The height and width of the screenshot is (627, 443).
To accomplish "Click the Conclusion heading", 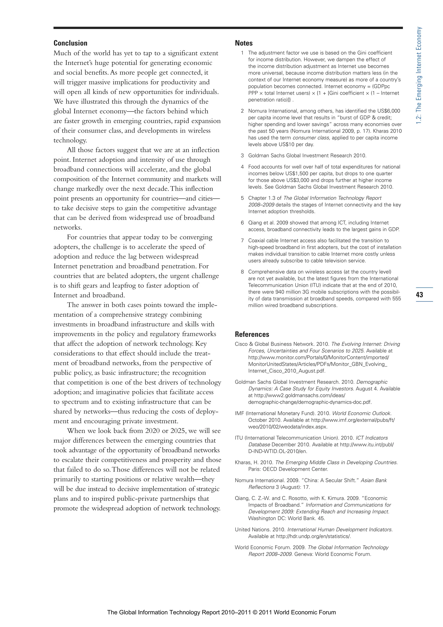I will [x=71, y=43].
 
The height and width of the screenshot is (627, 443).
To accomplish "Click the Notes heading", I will [x=244, y=43].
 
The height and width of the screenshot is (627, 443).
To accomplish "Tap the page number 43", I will [x=419, y=294].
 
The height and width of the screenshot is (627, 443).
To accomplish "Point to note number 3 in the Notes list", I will [x=242, y=156].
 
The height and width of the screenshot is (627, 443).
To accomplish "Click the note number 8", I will [x=242, y=272].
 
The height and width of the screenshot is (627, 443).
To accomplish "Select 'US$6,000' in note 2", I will [x=389, y=111].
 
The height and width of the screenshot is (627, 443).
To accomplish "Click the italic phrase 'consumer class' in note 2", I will [x=311, y=138].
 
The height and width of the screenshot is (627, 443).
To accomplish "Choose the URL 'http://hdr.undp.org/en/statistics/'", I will [x=313, y=536].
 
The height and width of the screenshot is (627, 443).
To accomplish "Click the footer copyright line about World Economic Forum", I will [x=221, y=612].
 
